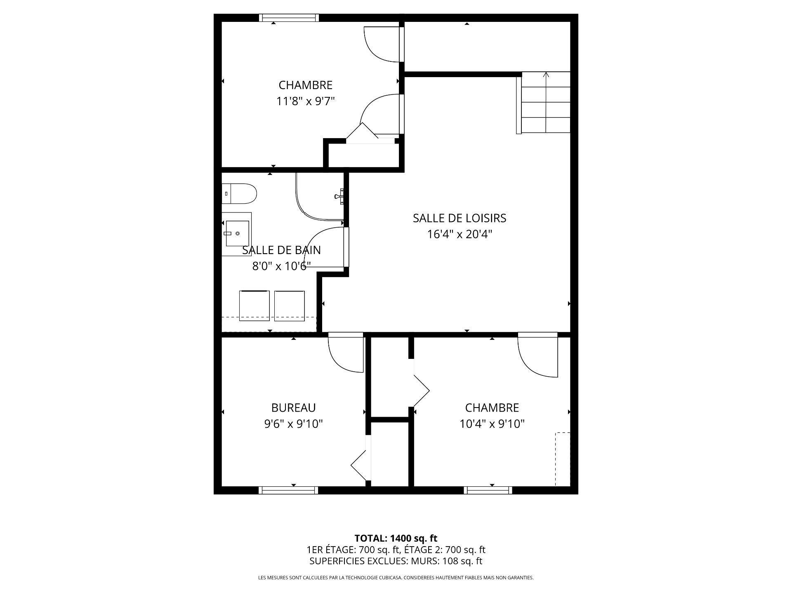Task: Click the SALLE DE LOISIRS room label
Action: click(x=459, y=218)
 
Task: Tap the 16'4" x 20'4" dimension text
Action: click(x=459, y=234)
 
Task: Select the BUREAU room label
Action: click(x=293, y=408)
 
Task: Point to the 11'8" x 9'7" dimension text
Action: click(x=305, y=101)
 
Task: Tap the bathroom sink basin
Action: click(x=237, y=233)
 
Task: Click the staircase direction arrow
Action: click(x=546, y=75)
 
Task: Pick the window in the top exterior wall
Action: click(x=289, y=18)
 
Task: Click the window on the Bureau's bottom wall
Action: click(x=288, y=490)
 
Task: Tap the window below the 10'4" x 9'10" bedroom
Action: click(x=488, y=490)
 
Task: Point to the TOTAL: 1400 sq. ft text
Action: click(x=396, y=538)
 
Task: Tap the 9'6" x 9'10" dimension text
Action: click(x=293, y=424)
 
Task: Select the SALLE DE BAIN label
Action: click(x=281, y=250)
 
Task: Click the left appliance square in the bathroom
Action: click(x=255, y=305)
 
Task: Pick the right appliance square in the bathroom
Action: click(x=289, y=305)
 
